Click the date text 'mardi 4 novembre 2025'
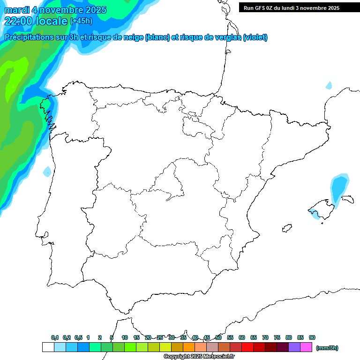click(55, 10)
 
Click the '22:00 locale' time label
click(36, 21)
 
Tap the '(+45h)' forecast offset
click(81, 21)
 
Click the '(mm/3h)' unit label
click(327, 348)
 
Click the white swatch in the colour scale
click(48, 347)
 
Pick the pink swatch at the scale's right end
click(306, 347)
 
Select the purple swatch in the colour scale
click(294, 347)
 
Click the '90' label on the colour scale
click(312, 337)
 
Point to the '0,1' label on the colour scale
click(55, 337)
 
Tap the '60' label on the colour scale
click(242, 337)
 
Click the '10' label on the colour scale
click(125, 337)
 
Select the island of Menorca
click(347, 199)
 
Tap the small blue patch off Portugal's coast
click(46, 172)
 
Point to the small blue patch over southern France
click(329, 86)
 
